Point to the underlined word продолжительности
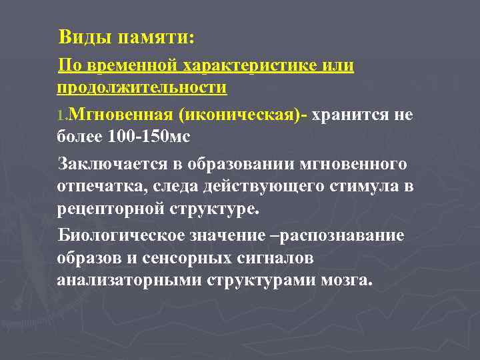(142, 87)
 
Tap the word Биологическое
(116, 235)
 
